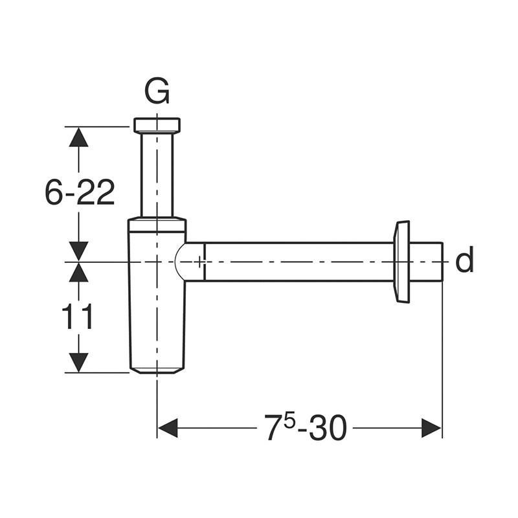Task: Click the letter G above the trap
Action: click(x=157, y=93)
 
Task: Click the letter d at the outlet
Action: click(x=464, y=261)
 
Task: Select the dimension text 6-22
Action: click(x=80, y=192)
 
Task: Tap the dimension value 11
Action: click(x=78, y=317)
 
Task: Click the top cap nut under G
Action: click(x=157, y=125)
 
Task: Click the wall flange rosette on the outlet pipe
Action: click(x=401, y=261)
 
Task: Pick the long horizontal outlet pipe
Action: click(x=298, y=262)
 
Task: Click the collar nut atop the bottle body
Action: click(x=157, y=225)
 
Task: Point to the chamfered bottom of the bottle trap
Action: click(x=157, y=369)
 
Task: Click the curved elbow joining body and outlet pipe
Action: click(x=189, y=262)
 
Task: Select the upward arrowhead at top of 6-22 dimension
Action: click(x=79, y=137)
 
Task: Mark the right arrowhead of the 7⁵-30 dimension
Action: click(x=431, y=427)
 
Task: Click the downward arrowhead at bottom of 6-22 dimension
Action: click(x=79, y=251)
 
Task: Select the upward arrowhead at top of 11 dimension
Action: click(x=79, y=273)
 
